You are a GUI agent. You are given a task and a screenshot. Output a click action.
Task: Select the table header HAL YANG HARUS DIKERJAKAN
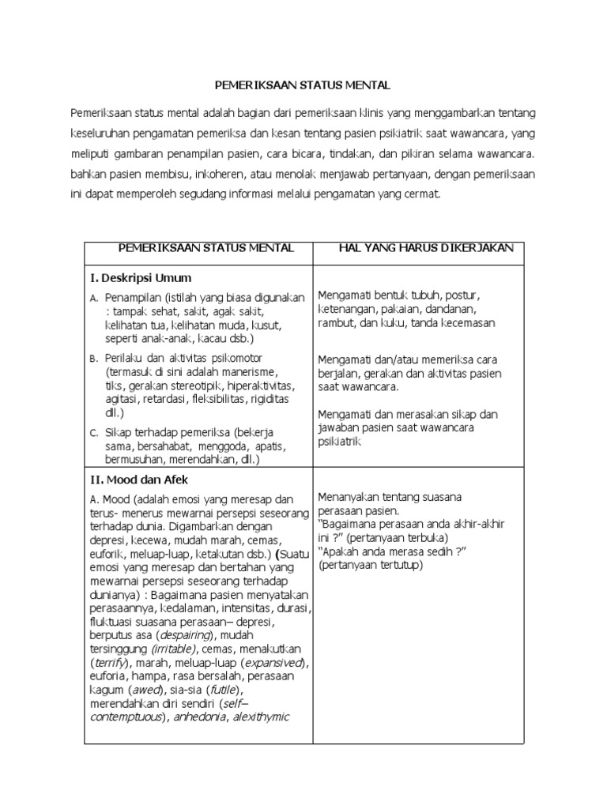tap(426, 248)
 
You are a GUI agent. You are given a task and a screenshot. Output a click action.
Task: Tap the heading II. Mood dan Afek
tap(141, 479)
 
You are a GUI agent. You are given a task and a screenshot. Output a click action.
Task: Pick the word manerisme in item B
tap(248, 371)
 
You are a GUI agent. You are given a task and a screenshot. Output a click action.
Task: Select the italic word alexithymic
tap(260, 717)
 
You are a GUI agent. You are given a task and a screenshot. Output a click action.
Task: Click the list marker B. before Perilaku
tap(94, 358)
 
